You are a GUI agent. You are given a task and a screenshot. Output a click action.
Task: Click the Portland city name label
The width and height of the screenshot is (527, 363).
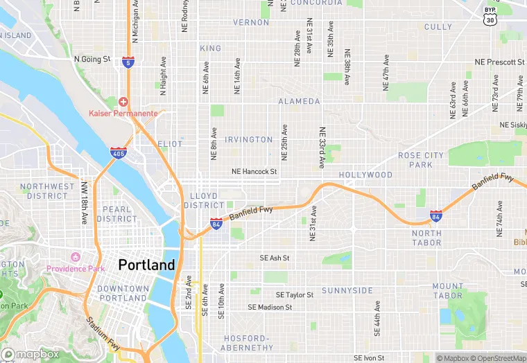point(146,265)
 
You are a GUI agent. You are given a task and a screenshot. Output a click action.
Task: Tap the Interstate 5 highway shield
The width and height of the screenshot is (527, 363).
point(128,62)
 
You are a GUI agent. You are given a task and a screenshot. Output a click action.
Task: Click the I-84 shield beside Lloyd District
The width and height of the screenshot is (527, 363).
point(216,223)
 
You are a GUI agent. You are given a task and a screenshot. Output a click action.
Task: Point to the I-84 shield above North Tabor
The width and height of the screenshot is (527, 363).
point(435,216)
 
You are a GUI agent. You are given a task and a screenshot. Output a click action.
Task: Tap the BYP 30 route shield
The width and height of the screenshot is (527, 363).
point(490,15)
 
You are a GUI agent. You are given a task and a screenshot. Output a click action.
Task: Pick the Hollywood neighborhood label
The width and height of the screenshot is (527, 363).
point(365,175)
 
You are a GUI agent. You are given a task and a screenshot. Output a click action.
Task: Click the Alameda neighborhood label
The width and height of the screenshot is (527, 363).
point(299,101)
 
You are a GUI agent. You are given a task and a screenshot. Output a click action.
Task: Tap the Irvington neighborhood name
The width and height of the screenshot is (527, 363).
point(249,139)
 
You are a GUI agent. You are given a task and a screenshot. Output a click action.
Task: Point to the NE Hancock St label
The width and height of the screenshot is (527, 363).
point(254,171)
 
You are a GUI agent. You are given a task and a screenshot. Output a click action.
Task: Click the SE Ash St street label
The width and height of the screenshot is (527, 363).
point(274,258)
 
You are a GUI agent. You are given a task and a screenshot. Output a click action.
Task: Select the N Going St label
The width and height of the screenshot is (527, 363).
point(92,60)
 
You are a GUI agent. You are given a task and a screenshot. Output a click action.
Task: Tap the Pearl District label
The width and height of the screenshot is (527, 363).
point(116,214)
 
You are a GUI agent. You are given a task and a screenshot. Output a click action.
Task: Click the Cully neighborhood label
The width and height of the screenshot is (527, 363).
point(438,27)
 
